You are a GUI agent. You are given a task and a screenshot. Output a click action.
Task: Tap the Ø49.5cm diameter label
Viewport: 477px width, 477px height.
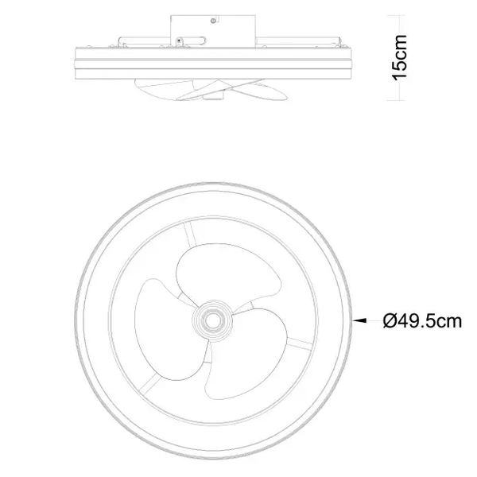421,320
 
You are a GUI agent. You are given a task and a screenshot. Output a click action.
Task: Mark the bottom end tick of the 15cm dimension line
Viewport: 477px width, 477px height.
398,102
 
